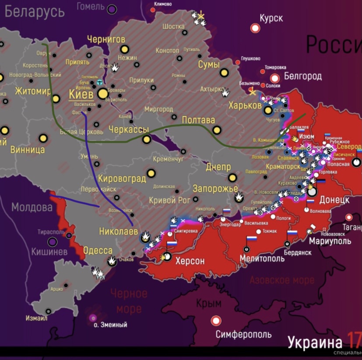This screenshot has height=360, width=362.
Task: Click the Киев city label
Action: coord(81,94)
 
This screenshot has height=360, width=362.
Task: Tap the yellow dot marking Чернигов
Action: coord(124,49)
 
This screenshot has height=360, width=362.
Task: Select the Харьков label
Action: coord(245,105)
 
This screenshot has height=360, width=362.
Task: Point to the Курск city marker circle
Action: coord(255,28)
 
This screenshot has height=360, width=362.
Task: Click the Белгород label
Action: coord(303,77)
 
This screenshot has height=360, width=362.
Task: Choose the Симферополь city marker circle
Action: coord(216,321)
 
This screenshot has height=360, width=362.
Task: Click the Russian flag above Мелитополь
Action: coord(251,239)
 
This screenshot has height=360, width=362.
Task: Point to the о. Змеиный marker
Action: coord(93,318)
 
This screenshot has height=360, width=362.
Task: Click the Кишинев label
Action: coord(49,252)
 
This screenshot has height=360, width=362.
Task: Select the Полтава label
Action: coord(198,120)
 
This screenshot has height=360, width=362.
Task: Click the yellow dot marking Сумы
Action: coord(225,73)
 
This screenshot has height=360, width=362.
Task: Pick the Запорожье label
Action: coord(212,189)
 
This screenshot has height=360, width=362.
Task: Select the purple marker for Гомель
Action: coord(112,9)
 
